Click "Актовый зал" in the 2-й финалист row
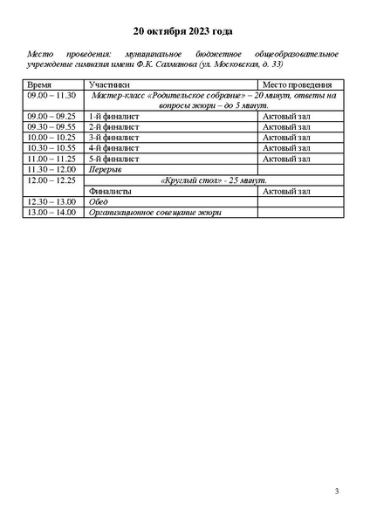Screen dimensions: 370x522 tap(286, 126)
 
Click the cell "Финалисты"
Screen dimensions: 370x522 tap(110, 190)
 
